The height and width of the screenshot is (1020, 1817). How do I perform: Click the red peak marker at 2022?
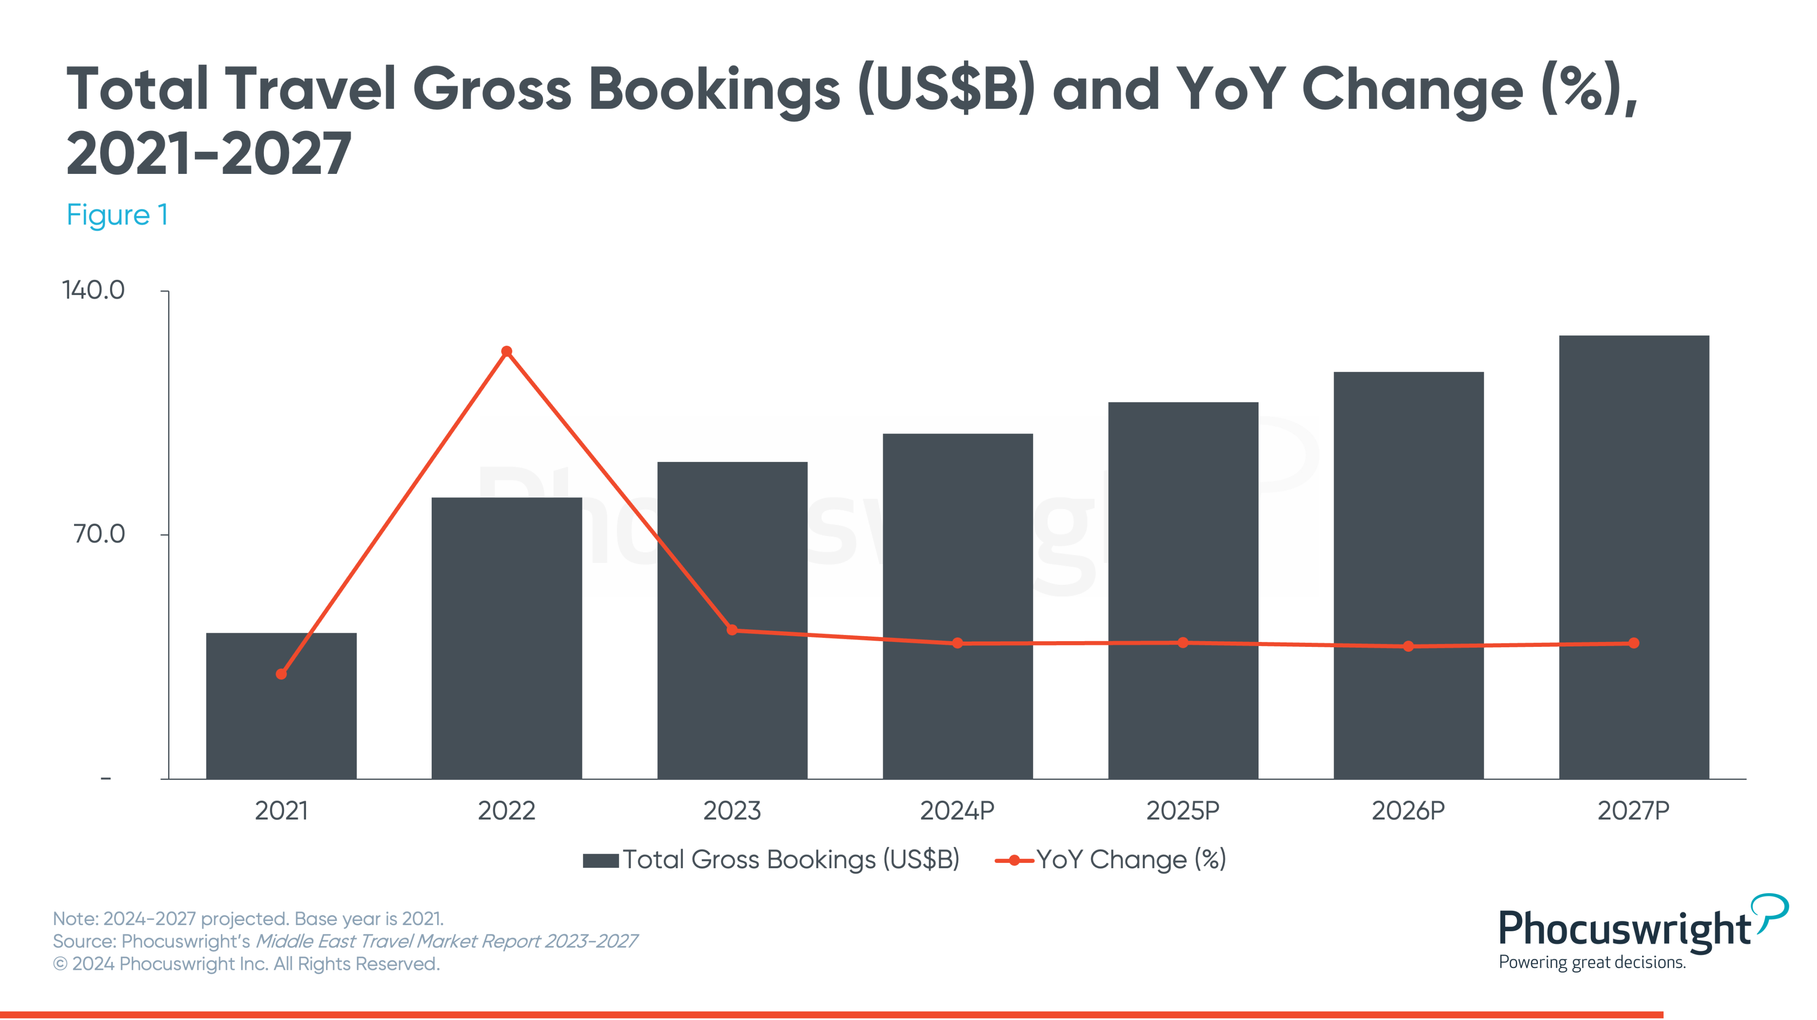[507, 351]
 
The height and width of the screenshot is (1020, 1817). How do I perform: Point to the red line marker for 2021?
[281, 673]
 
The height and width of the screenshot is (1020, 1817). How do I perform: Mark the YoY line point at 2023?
[732, 630]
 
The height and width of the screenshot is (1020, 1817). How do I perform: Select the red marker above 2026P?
[1408, 646]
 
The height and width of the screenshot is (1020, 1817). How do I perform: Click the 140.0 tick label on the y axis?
[93, 290]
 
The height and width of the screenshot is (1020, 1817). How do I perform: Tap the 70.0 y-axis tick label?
[99, 534]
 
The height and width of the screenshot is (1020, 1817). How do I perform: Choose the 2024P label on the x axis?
[957, 811]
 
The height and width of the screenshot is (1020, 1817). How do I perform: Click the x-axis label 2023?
[732, 811]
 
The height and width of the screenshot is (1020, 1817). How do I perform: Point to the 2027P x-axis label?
[1634, 811]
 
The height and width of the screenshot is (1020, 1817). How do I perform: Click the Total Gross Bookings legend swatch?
[600, 861]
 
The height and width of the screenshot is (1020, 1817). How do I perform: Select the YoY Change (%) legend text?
[1131, 860]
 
